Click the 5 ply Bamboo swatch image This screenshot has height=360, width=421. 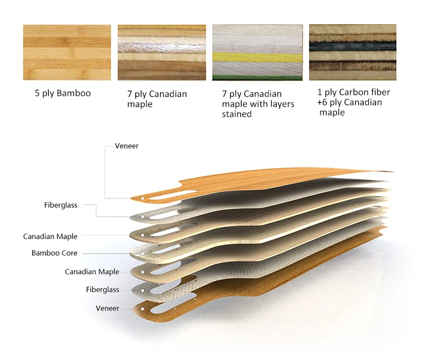pos(67,52)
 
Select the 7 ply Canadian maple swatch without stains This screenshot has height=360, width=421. pos(162,52)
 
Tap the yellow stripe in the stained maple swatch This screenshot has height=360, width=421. pos(257,58)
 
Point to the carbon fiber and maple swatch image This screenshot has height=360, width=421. pos(353,52)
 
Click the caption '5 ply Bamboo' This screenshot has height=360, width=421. pos(62,93)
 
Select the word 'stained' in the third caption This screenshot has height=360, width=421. pos(236,114)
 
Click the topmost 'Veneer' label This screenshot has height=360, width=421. pos(126,146)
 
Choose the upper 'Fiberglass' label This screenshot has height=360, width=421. pos(61,205)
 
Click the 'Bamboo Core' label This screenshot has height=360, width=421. pos(54,253)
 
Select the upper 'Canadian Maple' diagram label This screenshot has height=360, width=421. pos(50,237)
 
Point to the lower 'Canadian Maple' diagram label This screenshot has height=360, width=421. pos(92,272)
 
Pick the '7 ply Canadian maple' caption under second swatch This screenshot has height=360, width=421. pos(157,99)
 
